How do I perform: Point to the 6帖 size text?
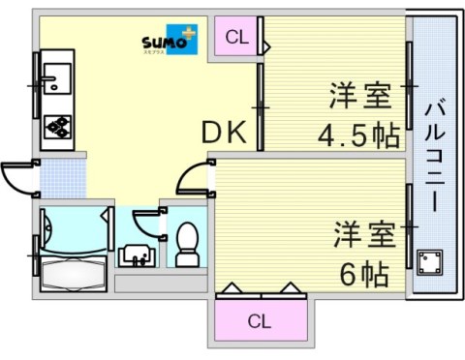(x=363, y=274)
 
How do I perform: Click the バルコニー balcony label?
(x=433, y=155)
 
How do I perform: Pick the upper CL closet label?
(x=236, y=39)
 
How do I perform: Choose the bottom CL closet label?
(x=259, y=320)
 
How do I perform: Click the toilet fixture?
(x=186, y=245)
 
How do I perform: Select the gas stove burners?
(x=56, y=126)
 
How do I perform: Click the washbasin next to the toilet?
(x=135, y=255)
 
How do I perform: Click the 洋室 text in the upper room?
(x=359, y=97)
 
